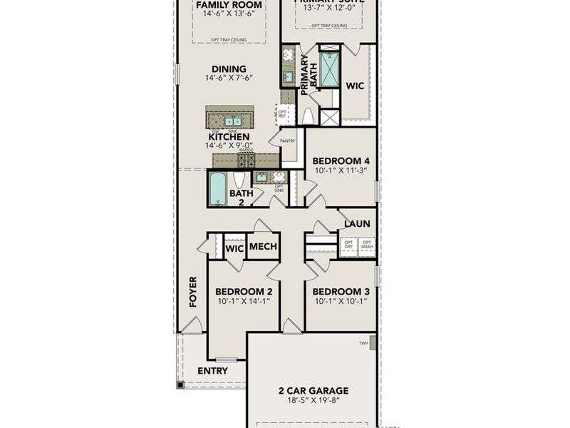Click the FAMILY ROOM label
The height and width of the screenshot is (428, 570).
(228, 5)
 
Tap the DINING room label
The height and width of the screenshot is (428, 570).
(228, 69)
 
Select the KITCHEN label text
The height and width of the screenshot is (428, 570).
(229, 136)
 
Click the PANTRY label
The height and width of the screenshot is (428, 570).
(287, 141)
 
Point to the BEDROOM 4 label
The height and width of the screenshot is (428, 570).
(341, 160)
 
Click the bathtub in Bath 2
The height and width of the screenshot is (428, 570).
(218, 188)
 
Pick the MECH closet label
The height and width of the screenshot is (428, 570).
(263, 248)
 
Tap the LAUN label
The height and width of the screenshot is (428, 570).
(357, 224)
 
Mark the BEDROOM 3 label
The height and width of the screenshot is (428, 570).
(341, 292)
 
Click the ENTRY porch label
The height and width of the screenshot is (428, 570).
(212, 371)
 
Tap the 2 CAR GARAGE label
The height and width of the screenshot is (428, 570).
(313, 390)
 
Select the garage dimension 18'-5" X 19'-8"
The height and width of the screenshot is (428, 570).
(313, 401)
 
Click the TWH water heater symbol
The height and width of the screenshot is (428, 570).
(373, 343)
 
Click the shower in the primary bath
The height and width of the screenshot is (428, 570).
(330, 70)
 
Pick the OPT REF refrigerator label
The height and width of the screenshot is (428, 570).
(282, 113)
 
